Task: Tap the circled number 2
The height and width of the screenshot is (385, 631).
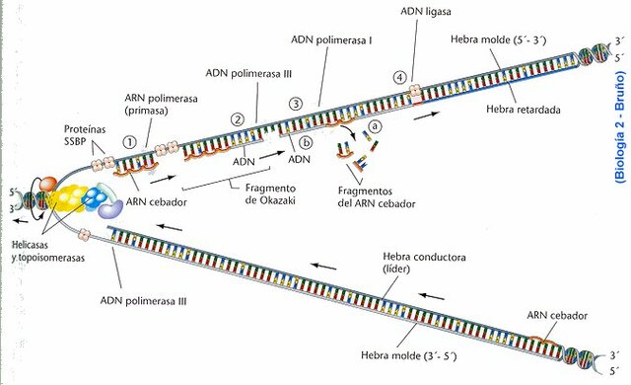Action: (237, 120)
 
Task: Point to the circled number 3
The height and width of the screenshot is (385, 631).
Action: (294, 105)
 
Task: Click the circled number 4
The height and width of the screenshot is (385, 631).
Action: (399, 76)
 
